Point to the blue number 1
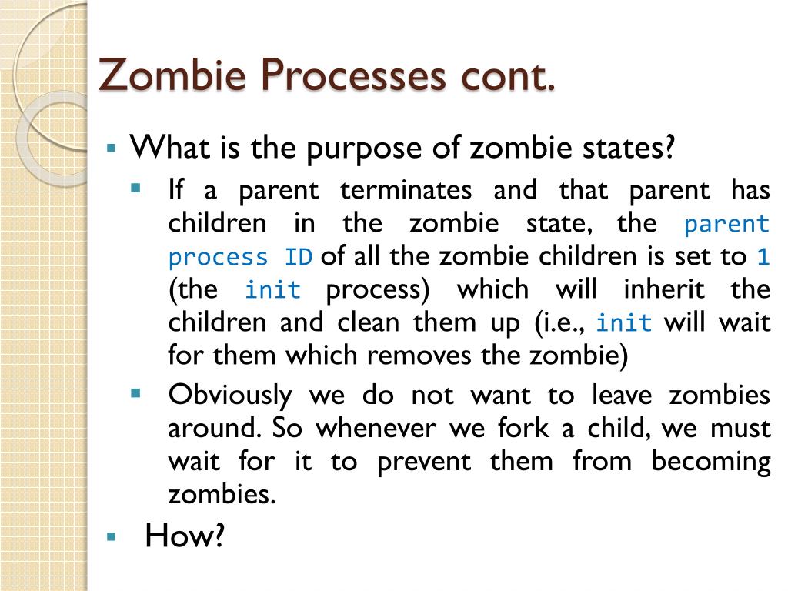click(763, 258)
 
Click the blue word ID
click(298, 258)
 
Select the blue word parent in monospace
click(726, 225)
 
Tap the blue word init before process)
click(272, 291)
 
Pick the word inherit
click(662, 290)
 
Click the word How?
click(185, 536)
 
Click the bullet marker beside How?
click(111, 536)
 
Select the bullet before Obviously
click(136, 393)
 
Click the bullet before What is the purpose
click(111, 147)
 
